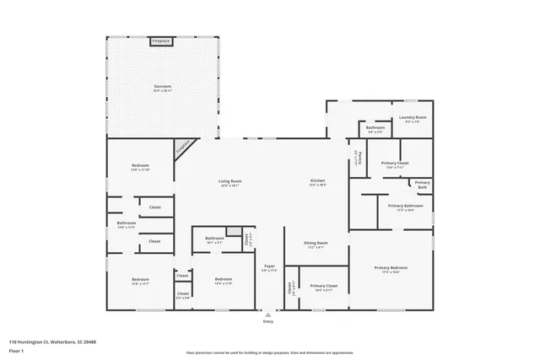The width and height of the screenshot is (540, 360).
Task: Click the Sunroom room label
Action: point(163,87)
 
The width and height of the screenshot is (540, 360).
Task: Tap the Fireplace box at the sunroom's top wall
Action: point(161,40)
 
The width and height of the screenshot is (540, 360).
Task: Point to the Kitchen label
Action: point(317,181)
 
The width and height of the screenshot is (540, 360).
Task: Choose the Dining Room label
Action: point(316,244)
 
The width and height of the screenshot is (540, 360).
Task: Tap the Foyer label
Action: point(269,267)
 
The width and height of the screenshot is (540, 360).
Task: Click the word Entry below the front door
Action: point(268,321)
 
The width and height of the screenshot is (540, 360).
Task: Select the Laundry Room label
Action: point(413,119)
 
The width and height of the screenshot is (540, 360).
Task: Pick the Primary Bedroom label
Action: point(390,269)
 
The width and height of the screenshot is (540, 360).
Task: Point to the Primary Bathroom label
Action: point(405,207)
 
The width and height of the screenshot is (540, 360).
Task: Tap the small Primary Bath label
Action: point(422,185)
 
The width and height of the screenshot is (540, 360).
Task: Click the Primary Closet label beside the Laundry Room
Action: point(394,164)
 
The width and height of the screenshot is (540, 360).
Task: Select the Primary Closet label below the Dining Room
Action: point(324,287)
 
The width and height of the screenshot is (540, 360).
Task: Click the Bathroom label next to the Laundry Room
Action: point(375,129)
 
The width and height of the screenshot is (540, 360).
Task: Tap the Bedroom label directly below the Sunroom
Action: point(140,166)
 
